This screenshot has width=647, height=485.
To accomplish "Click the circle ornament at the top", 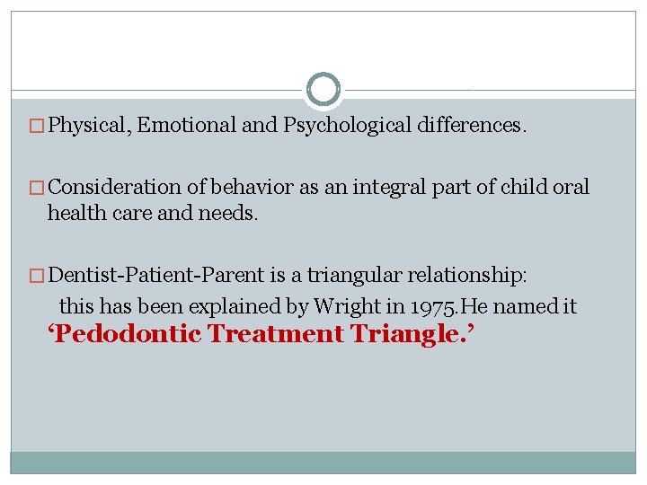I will point(323,90).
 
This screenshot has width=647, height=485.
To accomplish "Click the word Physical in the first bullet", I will point(93,126).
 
